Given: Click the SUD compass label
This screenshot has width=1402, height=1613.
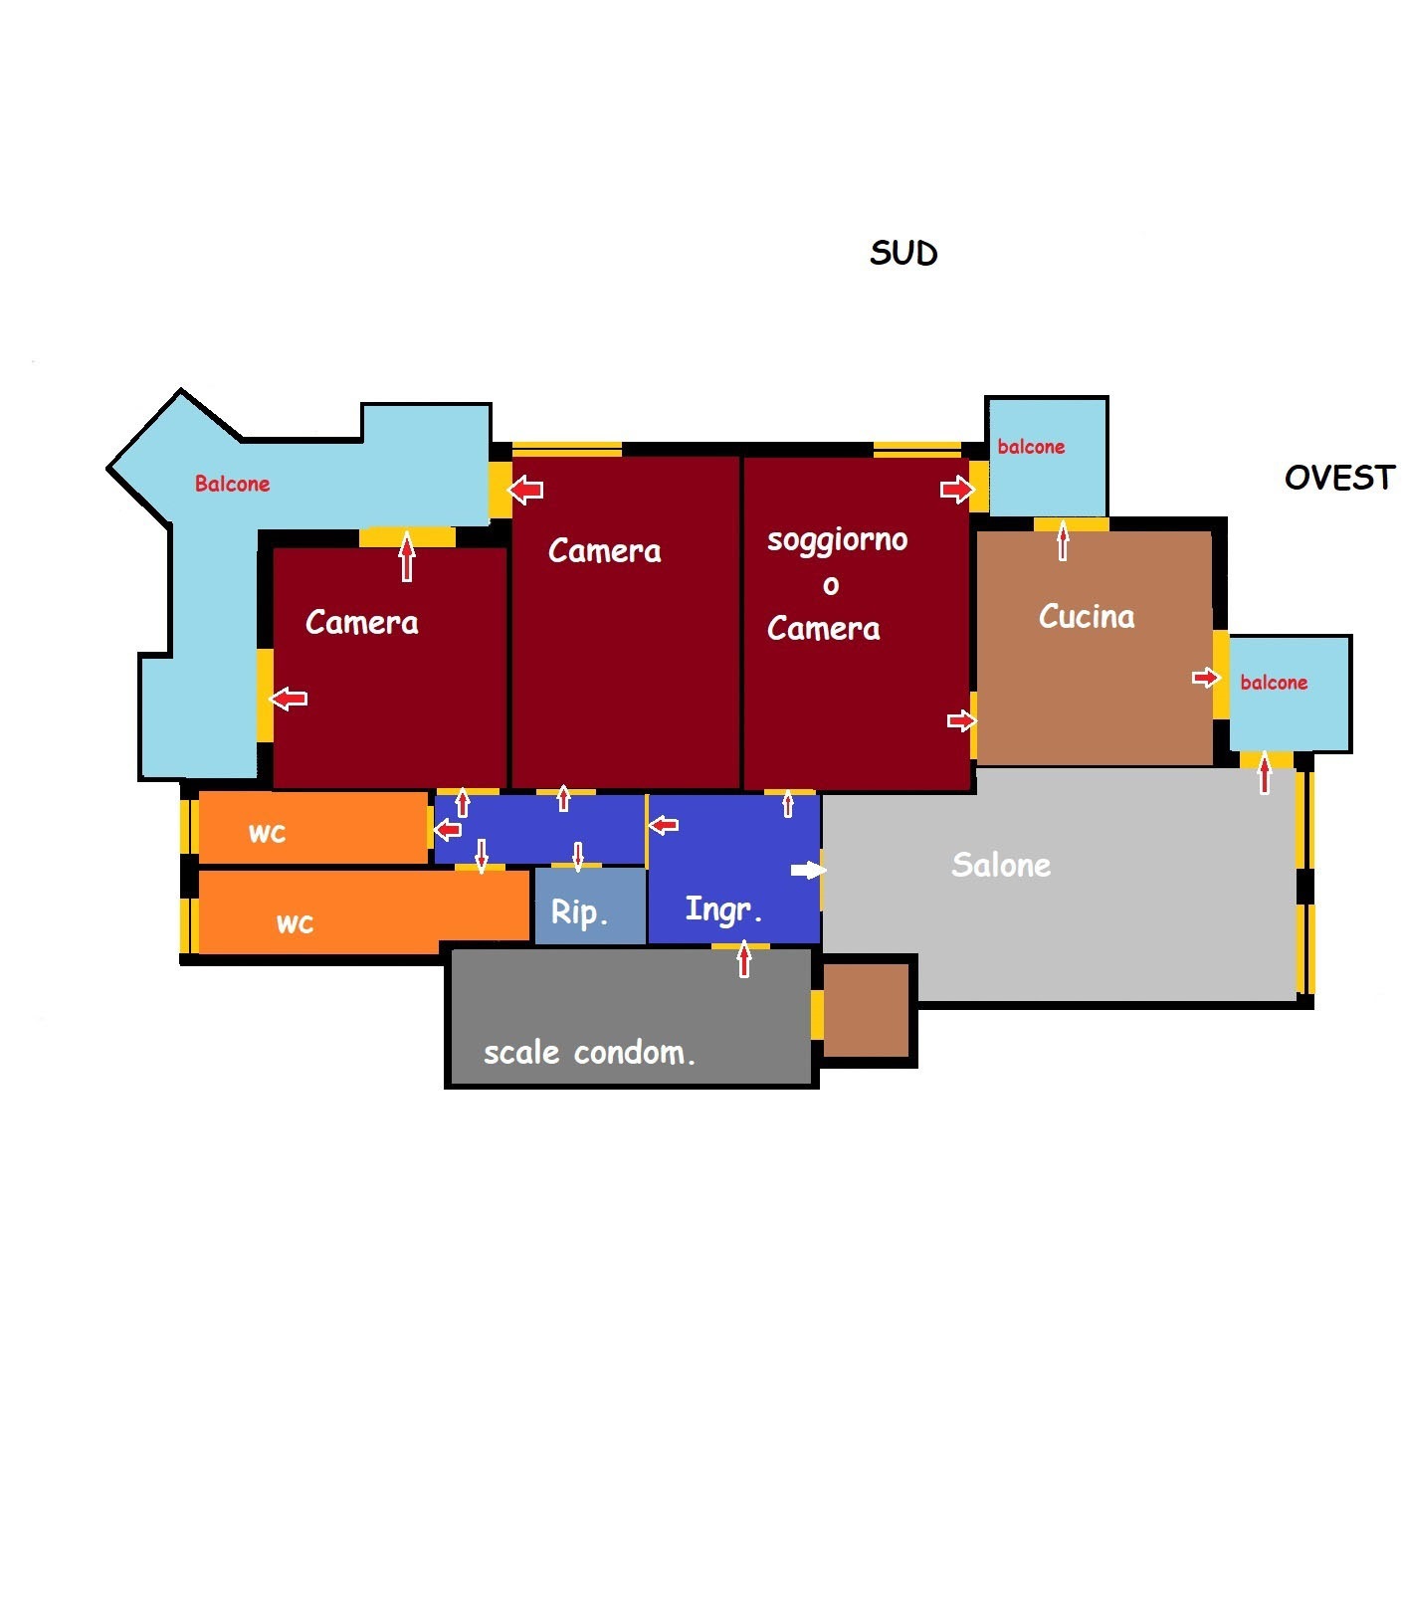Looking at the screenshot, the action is click(x=903, y=253).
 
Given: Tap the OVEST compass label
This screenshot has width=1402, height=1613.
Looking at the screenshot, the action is click(x=1339, y=478).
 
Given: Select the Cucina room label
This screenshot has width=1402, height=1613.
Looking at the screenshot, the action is click(x=1087, y=616).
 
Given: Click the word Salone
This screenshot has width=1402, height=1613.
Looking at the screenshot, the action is click(x=1001, y=865).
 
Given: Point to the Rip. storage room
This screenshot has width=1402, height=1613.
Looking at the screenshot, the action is click(x=590, y=906).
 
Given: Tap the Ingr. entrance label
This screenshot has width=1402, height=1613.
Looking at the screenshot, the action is click(x=723, y=908).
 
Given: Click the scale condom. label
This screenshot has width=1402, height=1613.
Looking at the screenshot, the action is click(x=589, y=1052).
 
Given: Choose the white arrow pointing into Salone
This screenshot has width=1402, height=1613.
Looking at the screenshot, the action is click(x=808, y=870).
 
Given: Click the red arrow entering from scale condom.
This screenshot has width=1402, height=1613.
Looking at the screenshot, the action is click(x=743, y=959).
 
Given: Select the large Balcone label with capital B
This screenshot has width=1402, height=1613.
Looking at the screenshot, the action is click(x=232, y=484).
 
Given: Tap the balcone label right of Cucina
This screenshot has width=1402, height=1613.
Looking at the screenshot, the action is click(x=1274, y=682).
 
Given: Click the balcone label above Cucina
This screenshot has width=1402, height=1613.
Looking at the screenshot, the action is click(x=1031, y=447).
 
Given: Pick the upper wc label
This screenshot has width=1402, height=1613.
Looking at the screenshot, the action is click(x=267, y=833).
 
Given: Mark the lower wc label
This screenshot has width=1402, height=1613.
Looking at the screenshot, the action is click(x=295, y=924).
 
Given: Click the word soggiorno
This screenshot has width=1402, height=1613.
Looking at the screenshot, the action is click(x=837, y=540).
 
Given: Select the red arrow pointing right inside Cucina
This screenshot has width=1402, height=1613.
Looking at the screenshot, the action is click(x=1206, y=678).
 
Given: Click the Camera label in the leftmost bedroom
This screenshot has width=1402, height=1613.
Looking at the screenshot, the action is click(x=361, y=622).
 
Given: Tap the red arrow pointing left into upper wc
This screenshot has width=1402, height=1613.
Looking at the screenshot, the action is click(x=448, y=829).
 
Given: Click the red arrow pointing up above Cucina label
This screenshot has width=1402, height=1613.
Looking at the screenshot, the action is click(x=1063, y=542).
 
